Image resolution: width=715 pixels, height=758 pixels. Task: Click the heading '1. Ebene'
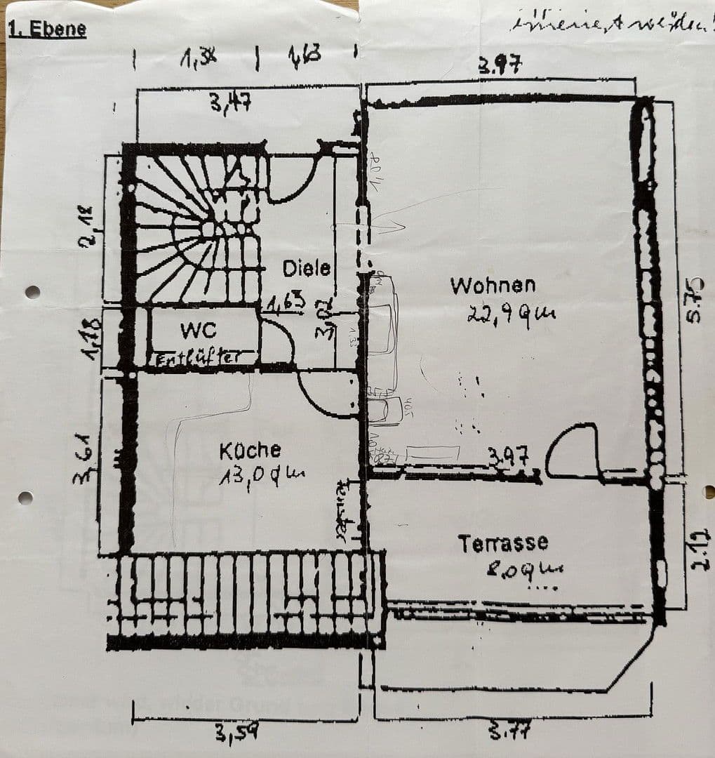point(46,29)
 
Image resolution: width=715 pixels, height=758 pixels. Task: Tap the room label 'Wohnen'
point(493,286)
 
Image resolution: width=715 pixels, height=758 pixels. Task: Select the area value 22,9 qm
point(511,314)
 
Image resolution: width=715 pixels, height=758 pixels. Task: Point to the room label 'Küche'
point(250,450)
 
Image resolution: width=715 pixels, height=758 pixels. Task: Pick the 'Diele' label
point(306,268)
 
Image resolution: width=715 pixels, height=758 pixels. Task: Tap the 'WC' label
point(198,329)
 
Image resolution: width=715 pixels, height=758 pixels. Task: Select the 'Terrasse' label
point(502,543)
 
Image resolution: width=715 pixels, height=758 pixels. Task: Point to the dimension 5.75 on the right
point(693,300)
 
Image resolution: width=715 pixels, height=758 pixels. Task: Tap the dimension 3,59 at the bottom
point(236,734)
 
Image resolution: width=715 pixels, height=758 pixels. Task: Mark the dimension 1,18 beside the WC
point(92,340)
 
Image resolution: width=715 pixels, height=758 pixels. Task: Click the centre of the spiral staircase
point(208,230)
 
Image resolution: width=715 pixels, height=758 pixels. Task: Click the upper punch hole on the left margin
point(32,292)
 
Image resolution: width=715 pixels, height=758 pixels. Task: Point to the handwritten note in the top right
point(610,25)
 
